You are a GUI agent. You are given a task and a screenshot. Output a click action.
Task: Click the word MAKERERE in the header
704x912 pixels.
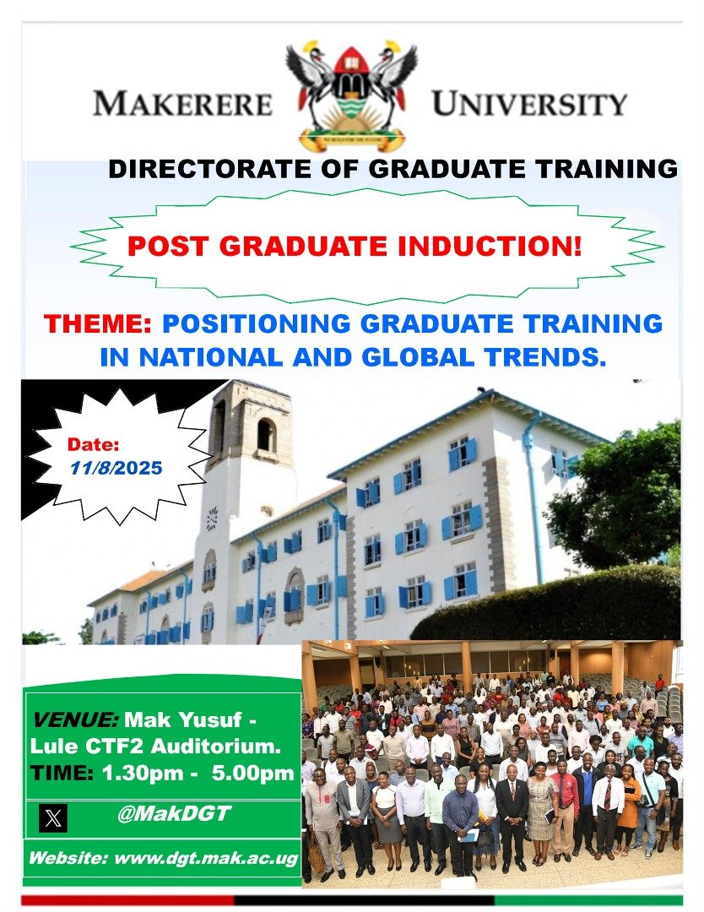pyautogui.click(x=182, y=104)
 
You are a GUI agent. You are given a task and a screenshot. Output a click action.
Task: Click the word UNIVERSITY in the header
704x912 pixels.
pyautogui.click(x=529, y=104)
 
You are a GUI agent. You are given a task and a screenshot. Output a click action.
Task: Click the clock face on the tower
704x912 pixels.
pyautogui.click(x=212, y=518)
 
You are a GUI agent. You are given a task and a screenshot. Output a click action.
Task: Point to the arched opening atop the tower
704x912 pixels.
pyautogui.click(x=266, y=435)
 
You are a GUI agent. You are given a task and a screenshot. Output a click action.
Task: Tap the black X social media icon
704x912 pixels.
pyautogui.click(x=53, y=817)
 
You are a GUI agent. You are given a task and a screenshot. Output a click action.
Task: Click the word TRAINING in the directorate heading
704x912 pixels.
pyautogui.click(x=600, y=169)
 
